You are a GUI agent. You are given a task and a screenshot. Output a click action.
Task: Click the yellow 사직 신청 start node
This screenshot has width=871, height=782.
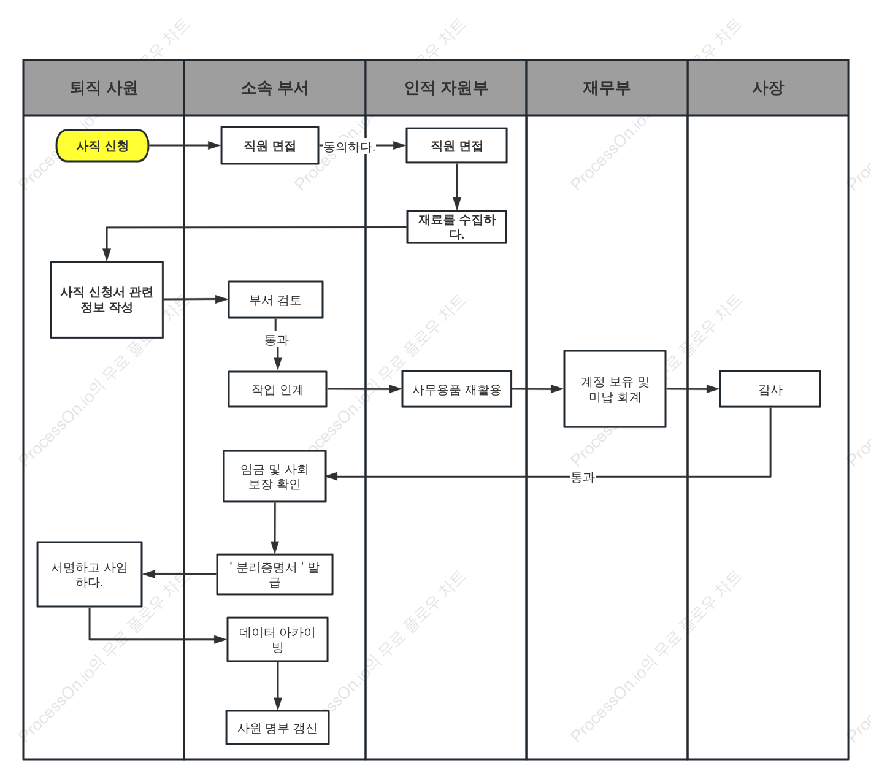pos(102,146)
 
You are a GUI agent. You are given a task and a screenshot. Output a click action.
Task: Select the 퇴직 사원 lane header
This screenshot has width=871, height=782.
pos(104,88)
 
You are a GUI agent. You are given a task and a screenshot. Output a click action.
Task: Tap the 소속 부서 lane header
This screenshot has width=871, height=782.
pos(275,88)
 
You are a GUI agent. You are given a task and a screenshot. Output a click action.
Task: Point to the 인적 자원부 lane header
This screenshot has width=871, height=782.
pos(446,88)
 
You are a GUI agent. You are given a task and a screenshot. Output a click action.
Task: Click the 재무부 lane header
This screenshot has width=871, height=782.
pos(607,88)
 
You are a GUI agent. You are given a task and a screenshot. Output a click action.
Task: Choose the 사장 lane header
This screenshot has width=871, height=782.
pos(768,88)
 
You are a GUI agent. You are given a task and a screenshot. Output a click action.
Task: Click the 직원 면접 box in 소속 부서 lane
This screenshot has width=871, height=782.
pos(270,145)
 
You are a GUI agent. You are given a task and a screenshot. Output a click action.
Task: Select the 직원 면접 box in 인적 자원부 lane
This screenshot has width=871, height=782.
pos(456,145)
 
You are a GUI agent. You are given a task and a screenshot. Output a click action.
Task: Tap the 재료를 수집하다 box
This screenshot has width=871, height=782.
pos(456,227)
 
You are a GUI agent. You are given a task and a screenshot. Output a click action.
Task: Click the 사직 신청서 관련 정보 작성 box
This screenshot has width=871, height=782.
pos(107,300)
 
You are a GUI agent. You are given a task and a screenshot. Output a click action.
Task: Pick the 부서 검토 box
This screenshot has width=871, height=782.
pos(275,300)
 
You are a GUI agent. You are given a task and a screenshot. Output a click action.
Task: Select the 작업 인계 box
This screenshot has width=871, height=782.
pos(278,389)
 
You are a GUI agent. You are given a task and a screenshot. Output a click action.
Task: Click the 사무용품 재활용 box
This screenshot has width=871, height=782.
pos(456,389)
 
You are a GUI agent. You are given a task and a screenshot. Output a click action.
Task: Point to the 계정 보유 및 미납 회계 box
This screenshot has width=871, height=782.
pos(615,389)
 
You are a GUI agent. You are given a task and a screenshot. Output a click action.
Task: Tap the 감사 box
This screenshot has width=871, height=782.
pos(770,389)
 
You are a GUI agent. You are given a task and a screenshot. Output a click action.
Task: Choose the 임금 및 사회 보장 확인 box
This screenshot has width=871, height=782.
pos(275,477)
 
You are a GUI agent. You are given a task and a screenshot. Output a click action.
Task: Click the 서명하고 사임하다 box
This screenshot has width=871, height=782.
pos(90,574)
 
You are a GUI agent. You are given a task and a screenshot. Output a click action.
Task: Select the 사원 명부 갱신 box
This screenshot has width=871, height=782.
pos(278,728)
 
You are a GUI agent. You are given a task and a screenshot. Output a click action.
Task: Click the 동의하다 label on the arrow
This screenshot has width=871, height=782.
pos(349,147)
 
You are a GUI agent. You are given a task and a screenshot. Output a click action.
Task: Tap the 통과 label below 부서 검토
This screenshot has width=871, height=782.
pos(277,340)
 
